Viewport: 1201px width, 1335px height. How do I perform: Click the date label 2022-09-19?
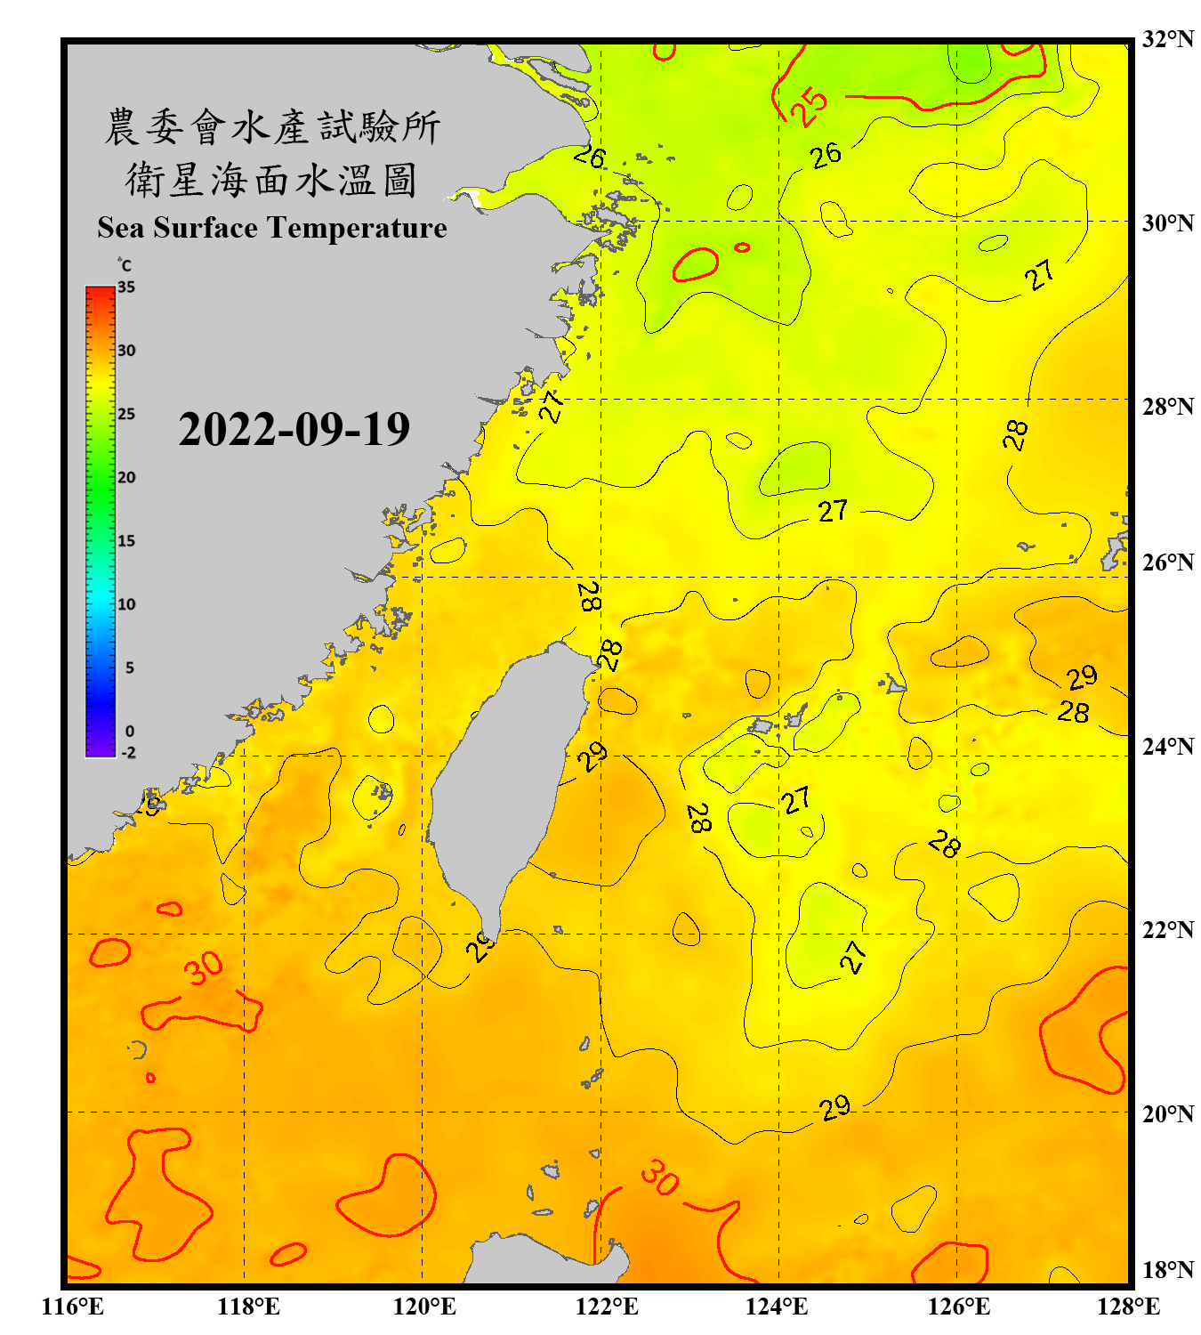point(294,429)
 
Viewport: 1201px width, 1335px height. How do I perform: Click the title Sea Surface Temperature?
point(271,228)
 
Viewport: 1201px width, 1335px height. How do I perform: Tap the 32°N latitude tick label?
point(1167,39)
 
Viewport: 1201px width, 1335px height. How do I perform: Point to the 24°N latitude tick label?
point(1167,746)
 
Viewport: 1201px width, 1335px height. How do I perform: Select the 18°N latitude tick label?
point(1167,1269)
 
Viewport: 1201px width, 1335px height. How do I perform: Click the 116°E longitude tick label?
point(73,1307)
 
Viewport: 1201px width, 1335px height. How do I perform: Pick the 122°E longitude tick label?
point(607,1307)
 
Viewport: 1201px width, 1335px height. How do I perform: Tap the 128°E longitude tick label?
point(1128,1307)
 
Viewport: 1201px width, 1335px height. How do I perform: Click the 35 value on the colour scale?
point(126,287)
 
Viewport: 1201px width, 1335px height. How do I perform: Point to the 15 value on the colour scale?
point(126,541)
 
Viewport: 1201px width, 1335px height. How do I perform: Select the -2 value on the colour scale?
point(128,753)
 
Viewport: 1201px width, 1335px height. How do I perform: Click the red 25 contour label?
point(810,107)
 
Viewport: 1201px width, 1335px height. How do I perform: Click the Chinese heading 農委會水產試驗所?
point(271,127)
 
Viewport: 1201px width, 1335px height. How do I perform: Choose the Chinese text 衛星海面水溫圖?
point(271,180)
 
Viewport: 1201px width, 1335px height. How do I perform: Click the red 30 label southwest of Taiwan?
point(204,968)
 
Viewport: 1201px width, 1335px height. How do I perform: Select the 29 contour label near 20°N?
point(834,1108)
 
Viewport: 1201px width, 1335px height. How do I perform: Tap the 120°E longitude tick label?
point(424,1307)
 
